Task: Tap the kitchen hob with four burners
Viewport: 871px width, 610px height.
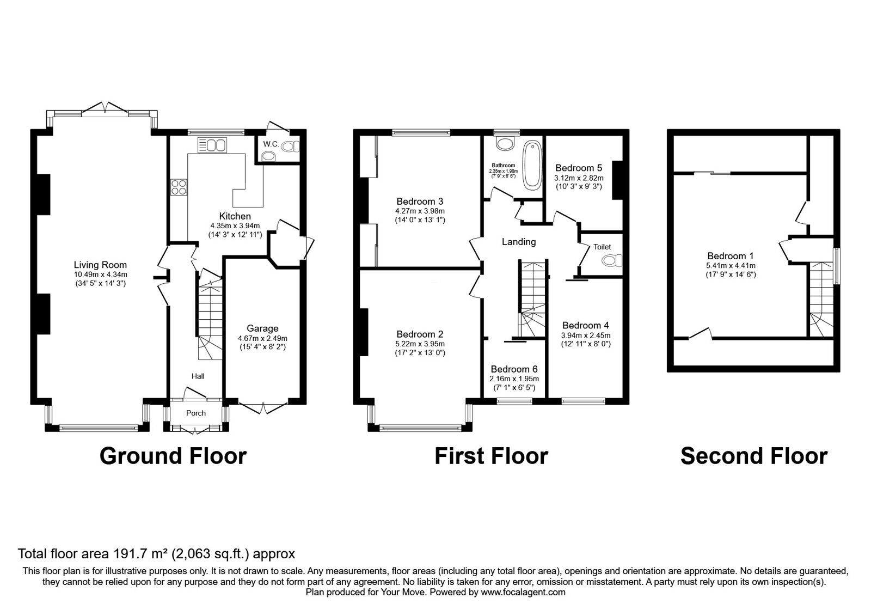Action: click(x=178, y=187)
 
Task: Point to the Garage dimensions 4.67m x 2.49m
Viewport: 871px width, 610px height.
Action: click(x=262, y=338)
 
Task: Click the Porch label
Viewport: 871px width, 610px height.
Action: click(x=196, y=413)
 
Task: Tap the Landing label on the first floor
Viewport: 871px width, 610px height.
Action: click(x=519, y=242)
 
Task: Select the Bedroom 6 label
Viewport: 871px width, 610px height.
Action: click(x=514, y=369)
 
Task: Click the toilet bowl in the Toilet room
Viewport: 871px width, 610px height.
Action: click(x=612, y=261)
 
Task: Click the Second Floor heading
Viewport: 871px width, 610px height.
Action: click(x=753, y=456)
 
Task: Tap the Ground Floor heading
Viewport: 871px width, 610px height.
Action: click(x=173, y=456)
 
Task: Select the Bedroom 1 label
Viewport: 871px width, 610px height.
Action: click(x=726, y=256)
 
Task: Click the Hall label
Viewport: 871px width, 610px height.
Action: click(x=198, y=376)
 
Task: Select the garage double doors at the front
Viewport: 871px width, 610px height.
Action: click(x=263, y=408)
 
